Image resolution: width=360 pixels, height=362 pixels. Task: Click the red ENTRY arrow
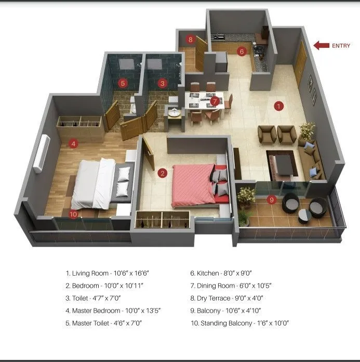pyautogui.click(x=321, y=46)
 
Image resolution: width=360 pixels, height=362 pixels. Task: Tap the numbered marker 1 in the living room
pyautogui.click(x=279, y=106)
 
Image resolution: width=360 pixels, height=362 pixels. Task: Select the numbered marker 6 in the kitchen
pyautogui.click(x=242, y=51)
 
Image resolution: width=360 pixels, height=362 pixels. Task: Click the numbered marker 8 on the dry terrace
pyautogui.click(x=191, y=40)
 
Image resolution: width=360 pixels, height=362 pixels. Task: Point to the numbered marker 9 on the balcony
pyautogui.click(x=271, y=199)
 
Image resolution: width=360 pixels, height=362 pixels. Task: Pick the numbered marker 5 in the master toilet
pyautogui.click(x=123, y=82)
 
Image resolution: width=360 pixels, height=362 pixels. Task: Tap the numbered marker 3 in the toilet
pyautogui.click(x=163, y=82)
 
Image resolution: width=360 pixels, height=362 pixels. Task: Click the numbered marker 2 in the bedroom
pyautogui.click(x=163, y=173)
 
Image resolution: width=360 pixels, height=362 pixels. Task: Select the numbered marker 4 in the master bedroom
pyautogui.click(x=74, y=143)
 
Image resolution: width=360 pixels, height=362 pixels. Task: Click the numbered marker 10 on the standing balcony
pyautogui.click(x=73, y=213)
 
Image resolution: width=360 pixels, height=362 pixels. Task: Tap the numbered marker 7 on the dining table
pyautogui.click(x=215, y=101)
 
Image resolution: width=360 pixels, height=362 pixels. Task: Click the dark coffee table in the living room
pyautogui.click(x=284, y=164)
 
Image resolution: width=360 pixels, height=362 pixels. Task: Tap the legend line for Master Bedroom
pyautogui.click(x=113, y=311)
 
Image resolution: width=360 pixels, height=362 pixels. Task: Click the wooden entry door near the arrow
pyautogui.click(x=300, y=63)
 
